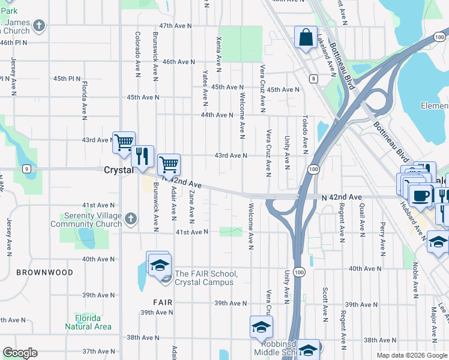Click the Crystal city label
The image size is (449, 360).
(x=118, y=170)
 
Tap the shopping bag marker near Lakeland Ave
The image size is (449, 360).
(x=306, y=37)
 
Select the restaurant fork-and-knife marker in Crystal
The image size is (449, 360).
(x=142, y=157)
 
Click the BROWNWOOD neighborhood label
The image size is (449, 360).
(x=45, y=272)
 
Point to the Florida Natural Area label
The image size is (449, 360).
(x=88, y=322)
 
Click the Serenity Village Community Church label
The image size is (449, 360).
(x=86, y=220)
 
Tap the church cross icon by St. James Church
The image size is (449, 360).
(x=39, y=26)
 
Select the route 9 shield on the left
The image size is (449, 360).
(x=27, y=169)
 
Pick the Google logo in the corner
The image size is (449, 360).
(x=20, y=353)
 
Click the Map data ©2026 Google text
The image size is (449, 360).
(x=412, y=355)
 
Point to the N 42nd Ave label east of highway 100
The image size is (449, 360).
(x=342, y=197)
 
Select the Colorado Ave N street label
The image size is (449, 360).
(x=137, y=55)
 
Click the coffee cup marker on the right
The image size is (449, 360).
(x=420, y=195)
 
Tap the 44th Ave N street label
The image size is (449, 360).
(x=217, y=115)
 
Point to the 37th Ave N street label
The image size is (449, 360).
(x=98, y=351)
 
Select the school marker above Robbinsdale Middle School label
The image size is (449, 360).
(x=261, y=327)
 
